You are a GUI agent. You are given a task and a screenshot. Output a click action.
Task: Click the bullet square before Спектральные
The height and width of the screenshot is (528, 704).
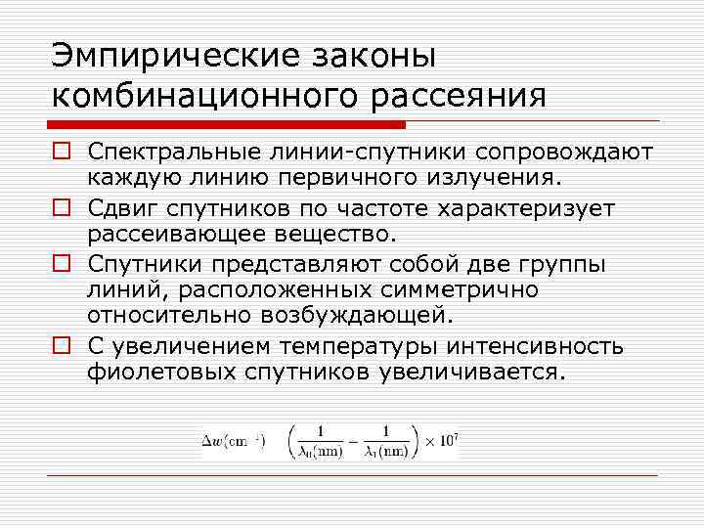(60, 154)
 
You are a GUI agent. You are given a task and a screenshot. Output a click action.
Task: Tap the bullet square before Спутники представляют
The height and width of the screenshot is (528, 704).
(60, 265)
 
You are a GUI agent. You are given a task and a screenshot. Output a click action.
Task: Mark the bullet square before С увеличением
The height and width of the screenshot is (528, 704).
(60, 346)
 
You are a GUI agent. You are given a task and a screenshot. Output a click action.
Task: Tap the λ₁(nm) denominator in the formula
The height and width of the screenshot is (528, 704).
(382, 451)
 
